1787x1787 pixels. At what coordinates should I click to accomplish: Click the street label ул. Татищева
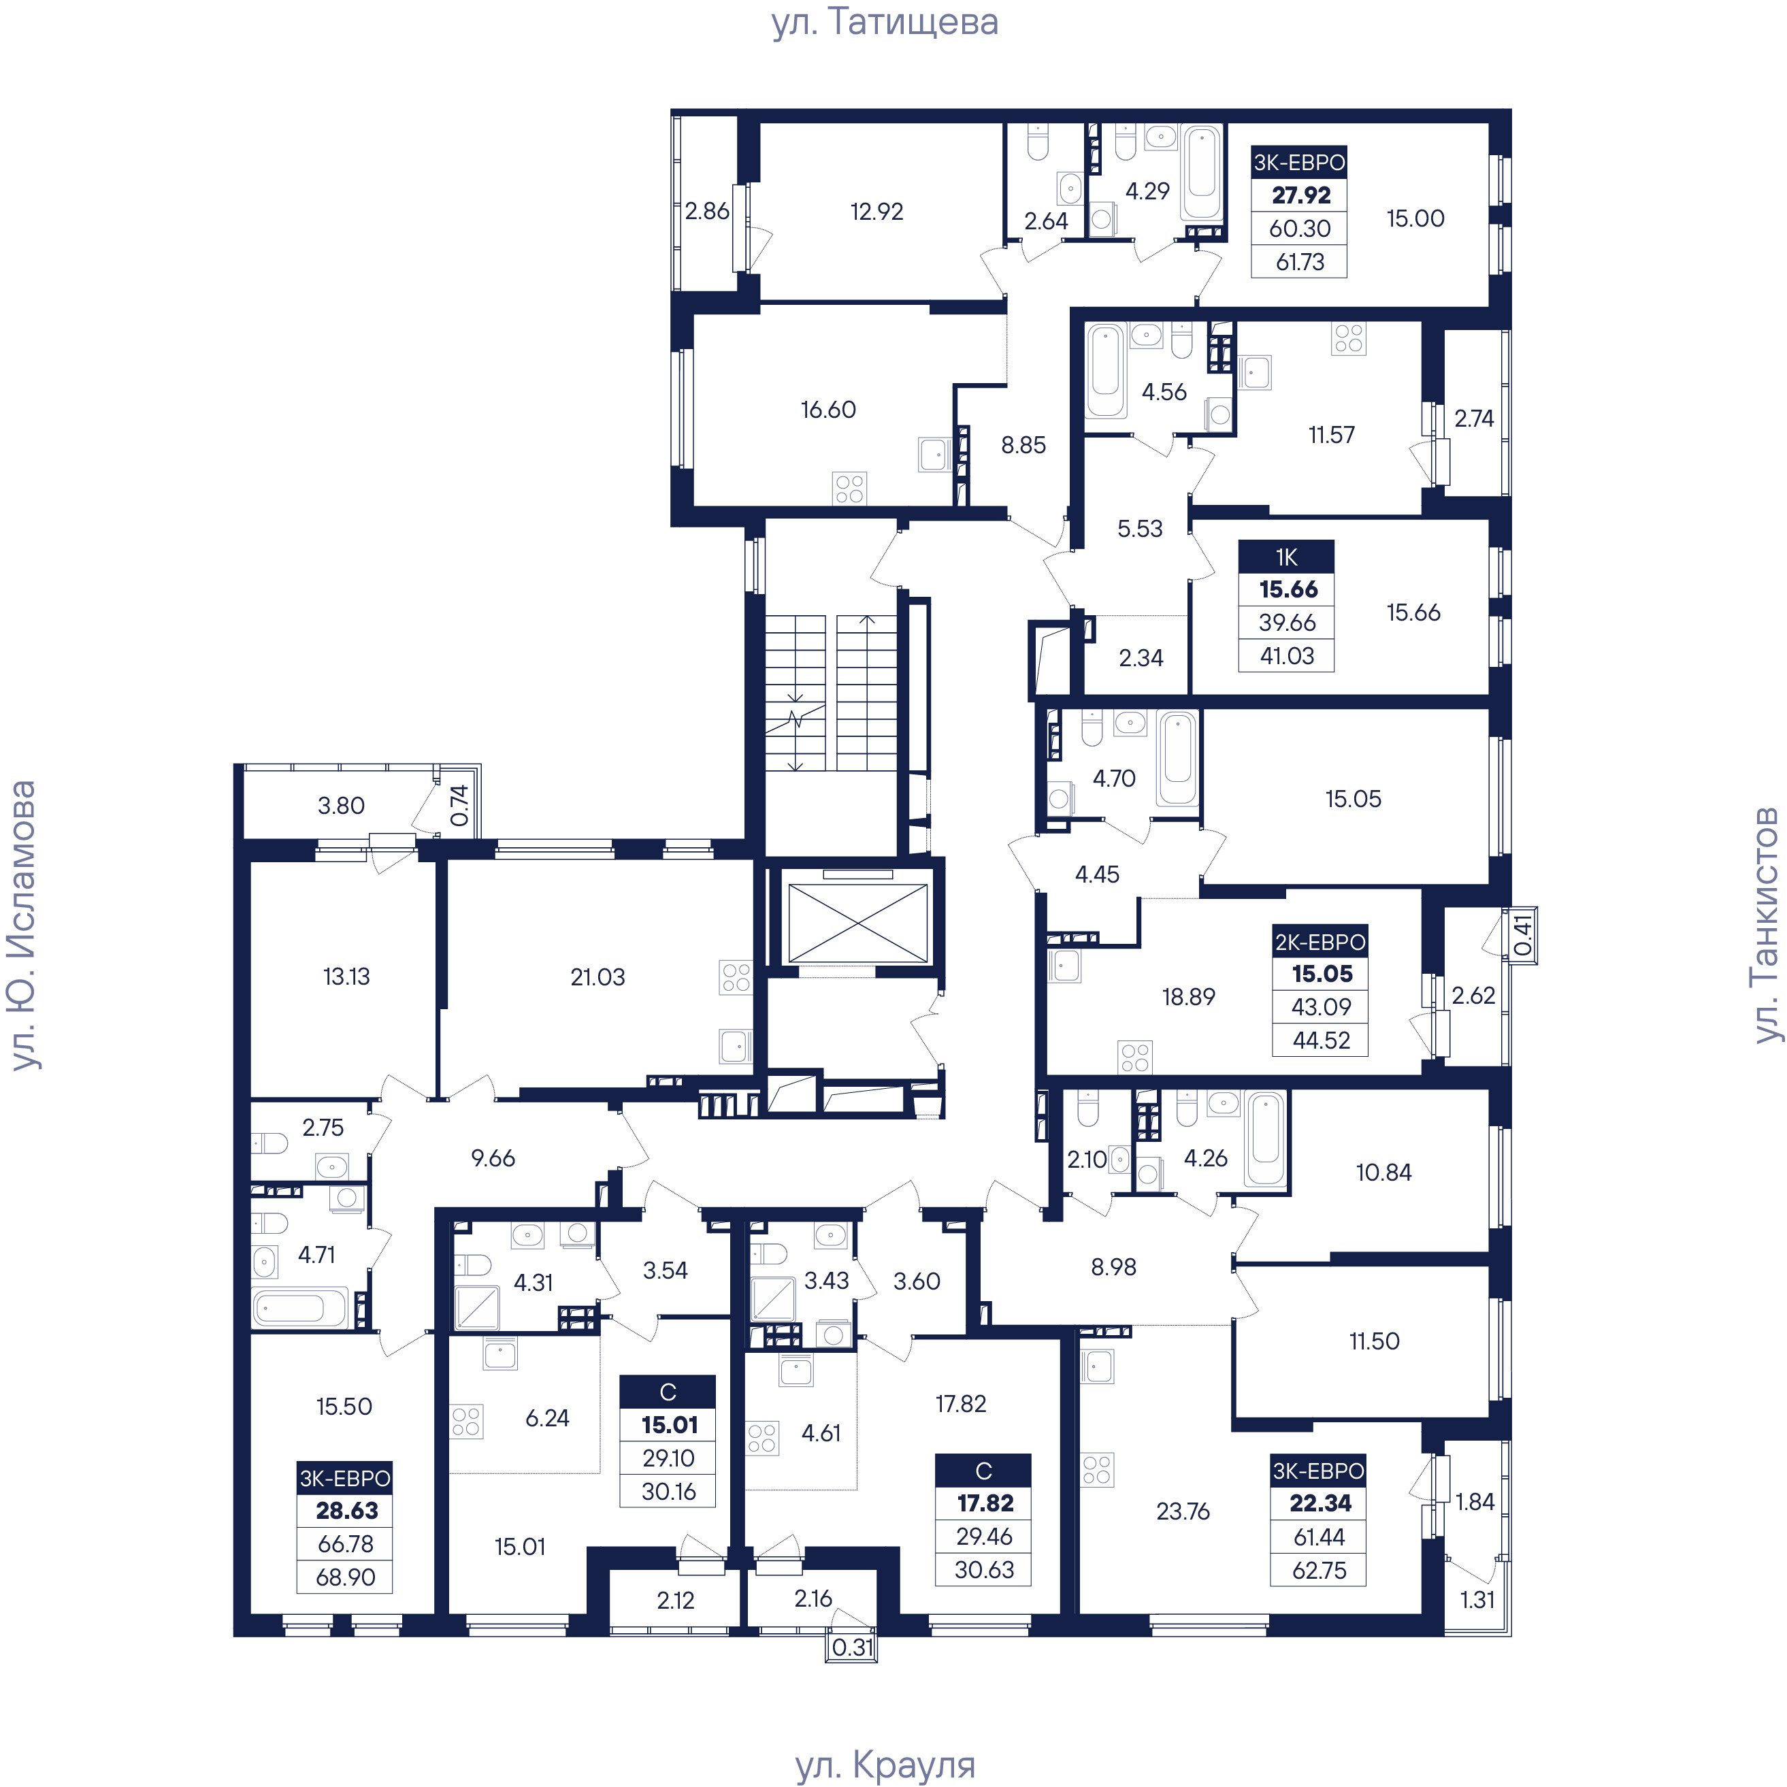point(885,22)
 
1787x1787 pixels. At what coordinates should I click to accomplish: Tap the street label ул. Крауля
point(885,1765)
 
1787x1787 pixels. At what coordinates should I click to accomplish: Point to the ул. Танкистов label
point(1766,925)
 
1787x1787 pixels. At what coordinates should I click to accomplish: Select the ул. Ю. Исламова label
point(22,925)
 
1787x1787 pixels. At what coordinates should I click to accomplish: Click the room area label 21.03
point(597,977)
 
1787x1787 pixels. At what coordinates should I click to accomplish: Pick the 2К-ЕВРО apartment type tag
point(1320,942)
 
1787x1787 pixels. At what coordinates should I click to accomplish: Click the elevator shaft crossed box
point(857,921)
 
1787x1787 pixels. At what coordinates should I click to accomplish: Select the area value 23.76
point(1183,1511)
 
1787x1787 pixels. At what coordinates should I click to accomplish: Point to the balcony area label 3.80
point(342,806)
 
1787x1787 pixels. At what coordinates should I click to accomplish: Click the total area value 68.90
point(345,1577)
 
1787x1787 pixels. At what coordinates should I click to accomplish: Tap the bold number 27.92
point(1301,195)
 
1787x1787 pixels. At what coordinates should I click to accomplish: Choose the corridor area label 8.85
point(1024,445)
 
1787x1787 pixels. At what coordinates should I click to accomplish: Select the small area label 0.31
point(852,1647)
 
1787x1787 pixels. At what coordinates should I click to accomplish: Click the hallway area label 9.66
point(493,1158)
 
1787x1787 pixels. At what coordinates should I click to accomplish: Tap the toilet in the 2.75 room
point(269,1144)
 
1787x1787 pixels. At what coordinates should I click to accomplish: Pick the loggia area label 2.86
point(708,212)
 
